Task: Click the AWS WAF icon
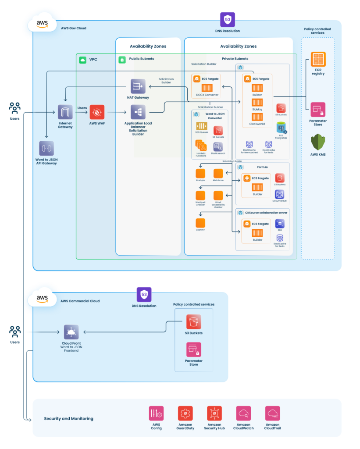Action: [x=97, y=112]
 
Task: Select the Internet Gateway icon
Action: [x=65, y=112]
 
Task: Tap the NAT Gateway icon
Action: [x=138, y=86]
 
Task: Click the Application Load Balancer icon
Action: [x=138, y=112]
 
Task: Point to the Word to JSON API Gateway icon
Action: [x=46, y=148]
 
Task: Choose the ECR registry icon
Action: [x=318, y=59]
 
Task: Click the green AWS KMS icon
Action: [x=318, y=142]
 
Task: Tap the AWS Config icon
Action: [x=157, y=413]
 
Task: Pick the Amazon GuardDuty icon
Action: [x=185, y=413]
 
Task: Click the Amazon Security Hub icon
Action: [x=214, y=413]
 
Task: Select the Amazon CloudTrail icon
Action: [x=272, y=413]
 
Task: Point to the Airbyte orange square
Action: [x=200, y=173]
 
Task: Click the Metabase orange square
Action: [x=218, y=173]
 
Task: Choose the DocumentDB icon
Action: [x=279, y=194]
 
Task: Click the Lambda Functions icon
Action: [x=201, y=145]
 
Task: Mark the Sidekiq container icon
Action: [x=257, y=103]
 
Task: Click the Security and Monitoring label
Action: [x=68, y=419]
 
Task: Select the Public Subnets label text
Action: [x=142, y=59]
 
